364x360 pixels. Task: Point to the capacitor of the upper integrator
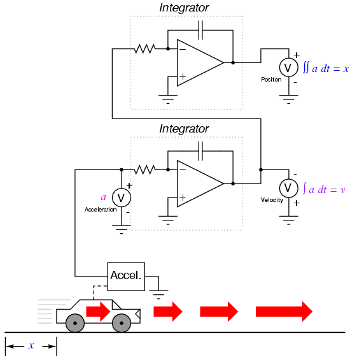coord(200,30)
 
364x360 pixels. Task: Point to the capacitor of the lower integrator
coord(200,151)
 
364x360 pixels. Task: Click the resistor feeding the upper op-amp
coord(145,49)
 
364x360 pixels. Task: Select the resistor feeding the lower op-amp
coord(145,169)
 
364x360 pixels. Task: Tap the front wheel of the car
coord(122,323)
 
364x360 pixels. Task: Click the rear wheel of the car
coord(75,323)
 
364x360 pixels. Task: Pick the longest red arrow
coord(284,312)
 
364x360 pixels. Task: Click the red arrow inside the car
coord(98,312)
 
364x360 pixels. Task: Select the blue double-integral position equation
coord(326,68)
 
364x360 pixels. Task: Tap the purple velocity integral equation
coord(324,189)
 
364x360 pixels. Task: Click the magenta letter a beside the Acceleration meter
coord(103,198)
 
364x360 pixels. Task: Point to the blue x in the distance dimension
coord(31,345)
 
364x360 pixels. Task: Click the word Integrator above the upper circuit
coord(184,8)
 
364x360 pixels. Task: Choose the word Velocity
coord(272,200)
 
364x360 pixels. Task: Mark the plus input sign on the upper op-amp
coord(183,76)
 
